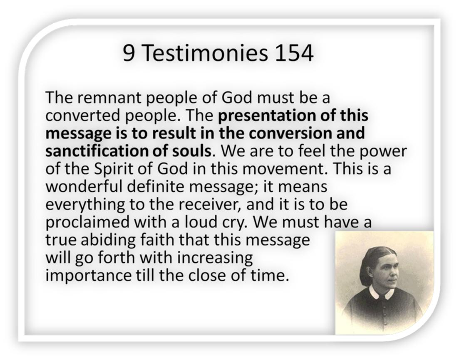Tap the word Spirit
(x=113, y=169)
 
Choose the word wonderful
(x=84, y=187)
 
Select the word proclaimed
(x=87, y=223)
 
